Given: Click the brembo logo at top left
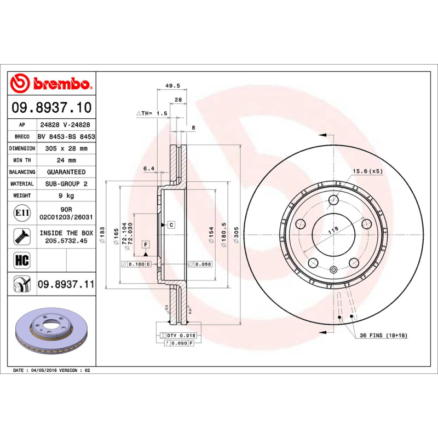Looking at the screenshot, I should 50,84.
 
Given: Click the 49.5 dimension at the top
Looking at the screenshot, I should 172,86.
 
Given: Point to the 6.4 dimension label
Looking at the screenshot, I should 148,169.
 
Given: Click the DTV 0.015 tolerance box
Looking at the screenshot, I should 181,335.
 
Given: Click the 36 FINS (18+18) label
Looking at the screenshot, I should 383,335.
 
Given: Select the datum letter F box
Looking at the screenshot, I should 146,244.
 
